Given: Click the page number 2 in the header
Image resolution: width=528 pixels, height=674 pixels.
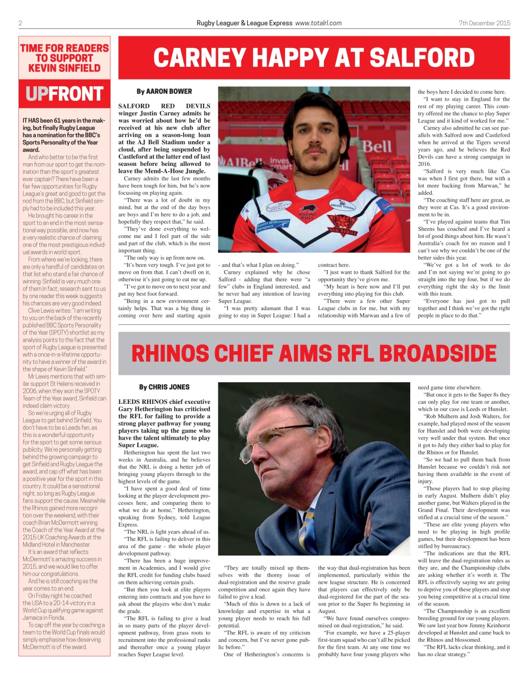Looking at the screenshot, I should (x=20, y=23).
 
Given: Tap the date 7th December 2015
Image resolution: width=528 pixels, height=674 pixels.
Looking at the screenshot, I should (x=484, y=23).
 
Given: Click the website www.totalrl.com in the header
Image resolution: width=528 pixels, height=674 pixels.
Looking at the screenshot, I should (x=318, y=23).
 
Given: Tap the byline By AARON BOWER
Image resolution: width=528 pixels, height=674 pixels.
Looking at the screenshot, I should (x=164, y=91).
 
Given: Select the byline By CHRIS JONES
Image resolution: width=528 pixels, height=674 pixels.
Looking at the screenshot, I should (x=164, y=387).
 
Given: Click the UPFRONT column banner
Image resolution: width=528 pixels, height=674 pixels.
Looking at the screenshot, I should (x=64, y=94).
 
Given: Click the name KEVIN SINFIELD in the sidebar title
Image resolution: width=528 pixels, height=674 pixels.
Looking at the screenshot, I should (x=64, y=68).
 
